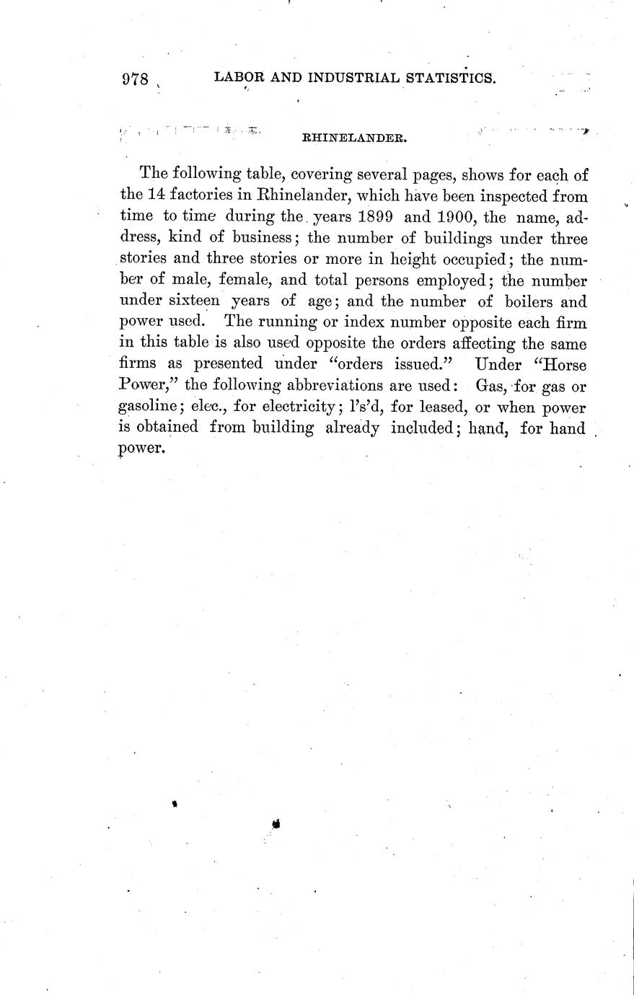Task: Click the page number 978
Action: pos(136,79)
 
